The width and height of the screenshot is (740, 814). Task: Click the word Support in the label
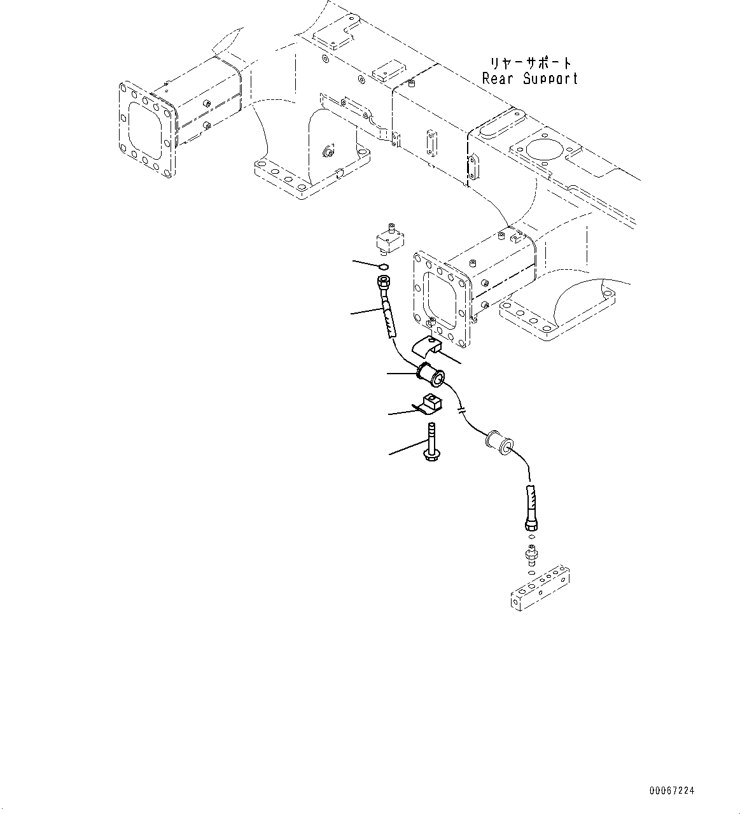pos(551,79)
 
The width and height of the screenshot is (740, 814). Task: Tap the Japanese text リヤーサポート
pos(531,63)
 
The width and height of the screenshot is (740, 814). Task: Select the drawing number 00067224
pos(672,790)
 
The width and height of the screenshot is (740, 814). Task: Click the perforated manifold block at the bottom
pos(540,590)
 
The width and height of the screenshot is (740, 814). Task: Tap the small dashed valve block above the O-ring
pos(389,239)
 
